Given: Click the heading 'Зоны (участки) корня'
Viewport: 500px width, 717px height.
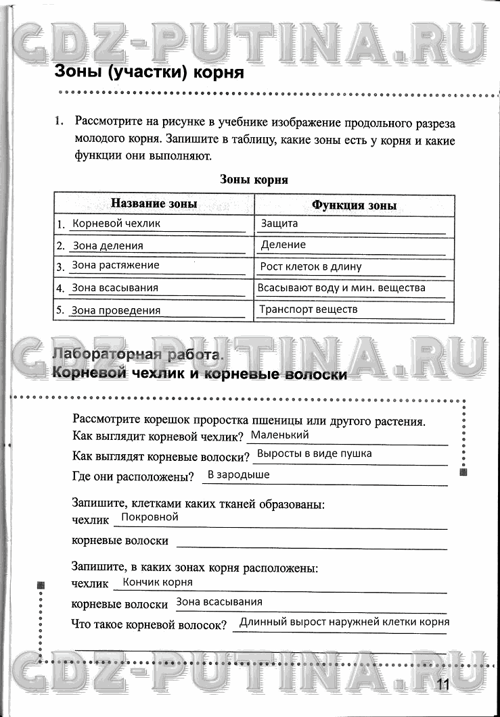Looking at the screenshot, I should (x=148, y=73).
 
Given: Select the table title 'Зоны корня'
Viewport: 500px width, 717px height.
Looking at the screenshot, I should (x=254, y=180).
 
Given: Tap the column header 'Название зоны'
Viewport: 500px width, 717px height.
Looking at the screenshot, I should (x=154, y=204).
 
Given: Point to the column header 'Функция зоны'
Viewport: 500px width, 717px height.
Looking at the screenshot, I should (x=354, y=205).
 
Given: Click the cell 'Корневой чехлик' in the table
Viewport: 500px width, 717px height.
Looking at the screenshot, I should (x=116, y=224).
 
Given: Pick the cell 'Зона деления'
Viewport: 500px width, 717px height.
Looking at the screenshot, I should (x=108, y=246).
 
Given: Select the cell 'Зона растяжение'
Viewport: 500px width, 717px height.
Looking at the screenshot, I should (x=116, y=266).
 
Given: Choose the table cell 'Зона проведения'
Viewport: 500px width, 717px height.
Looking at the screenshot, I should (x=116, y=311).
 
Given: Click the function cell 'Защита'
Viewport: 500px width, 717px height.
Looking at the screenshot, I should (x=279, y=223).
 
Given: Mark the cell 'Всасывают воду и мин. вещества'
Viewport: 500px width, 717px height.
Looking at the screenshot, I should (x=342, y=288).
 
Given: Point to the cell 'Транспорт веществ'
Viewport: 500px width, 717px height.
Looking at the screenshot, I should (x=309, y=310).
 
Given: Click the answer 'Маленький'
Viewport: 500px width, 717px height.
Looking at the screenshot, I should (x=279, y=435).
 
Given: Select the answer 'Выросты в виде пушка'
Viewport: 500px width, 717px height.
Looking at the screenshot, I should (x=315, y=453).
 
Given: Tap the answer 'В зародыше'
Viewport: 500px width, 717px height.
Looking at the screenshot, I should (x=238, y=474).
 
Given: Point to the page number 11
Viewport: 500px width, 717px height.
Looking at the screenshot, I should (x=443, y=684).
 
